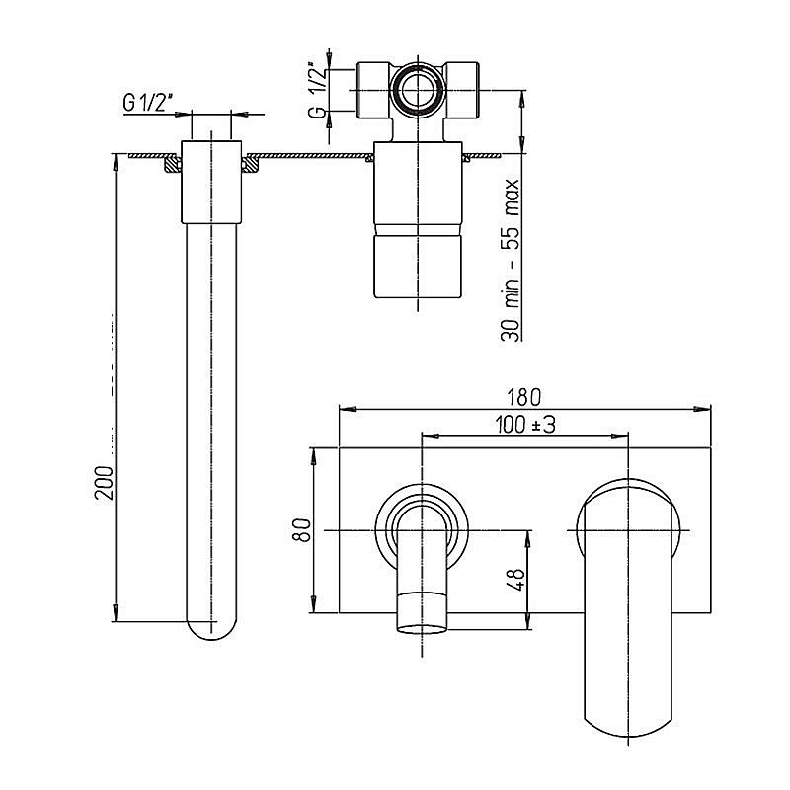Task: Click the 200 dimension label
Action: [x=105, y=483]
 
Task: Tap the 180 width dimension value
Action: [x=524, y=397]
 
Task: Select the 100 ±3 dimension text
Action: [x=525, y=425]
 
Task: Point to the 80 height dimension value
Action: [x=302, y=529]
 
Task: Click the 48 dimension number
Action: [x=516, y=580]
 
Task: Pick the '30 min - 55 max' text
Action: [x=511, y=260]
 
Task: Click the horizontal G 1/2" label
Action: [x=147, y=103]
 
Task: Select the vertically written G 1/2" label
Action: [x=317, y=90]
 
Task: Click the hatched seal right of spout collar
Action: [x=250, y=164]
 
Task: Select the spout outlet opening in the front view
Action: [x=423, y=629]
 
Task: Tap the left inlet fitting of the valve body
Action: [x=373, y=91]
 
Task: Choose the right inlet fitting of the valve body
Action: [x=461, y=91]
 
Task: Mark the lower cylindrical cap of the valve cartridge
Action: [x=418, y=266]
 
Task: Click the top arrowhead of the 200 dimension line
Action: [x=116, y=162]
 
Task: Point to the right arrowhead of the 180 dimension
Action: [x=702, y=409]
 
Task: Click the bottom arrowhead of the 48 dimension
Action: [x=528, y=621]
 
